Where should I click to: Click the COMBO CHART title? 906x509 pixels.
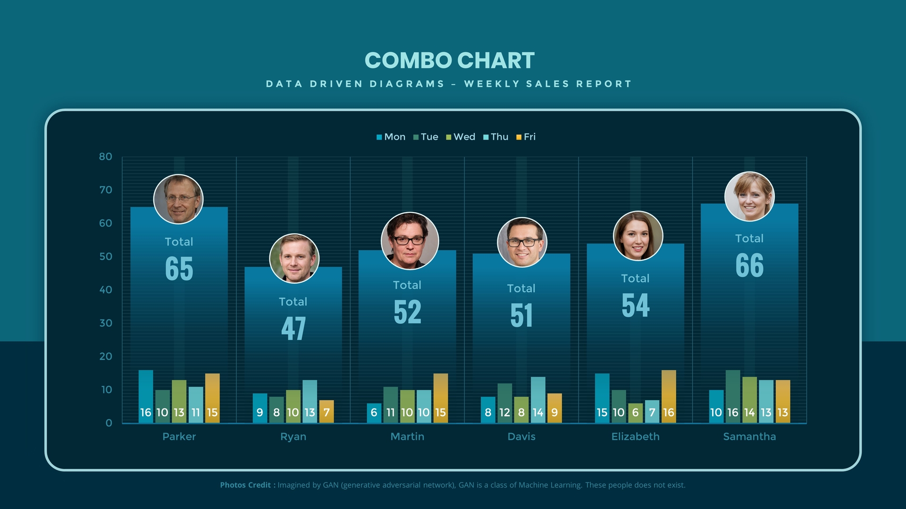[449, 61]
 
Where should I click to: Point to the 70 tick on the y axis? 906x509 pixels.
[106, 190]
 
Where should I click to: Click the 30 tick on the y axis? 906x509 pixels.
[106, 323]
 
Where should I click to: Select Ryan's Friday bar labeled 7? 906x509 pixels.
[327, 411]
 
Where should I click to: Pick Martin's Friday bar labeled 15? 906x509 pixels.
[440, 398]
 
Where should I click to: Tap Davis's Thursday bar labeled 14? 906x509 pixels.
[538, 400]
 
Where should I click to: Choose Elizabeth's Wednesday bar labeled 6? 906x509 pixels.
[635, 413]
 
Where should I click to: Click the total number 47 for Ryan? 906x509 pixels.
[294, 328]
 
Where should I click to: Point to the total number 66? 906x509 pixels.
[749, 265]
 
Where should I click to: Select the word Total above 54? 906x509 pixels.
[635, 279]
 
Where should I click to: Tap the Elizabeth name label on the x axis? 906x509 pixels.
[635, 437]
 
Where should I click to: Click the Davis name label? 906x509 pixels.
[521, 437]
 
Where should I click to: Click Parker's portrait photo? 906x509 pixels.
[178, 199]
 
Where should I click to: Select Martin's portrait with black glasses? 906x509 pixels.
[410, 241]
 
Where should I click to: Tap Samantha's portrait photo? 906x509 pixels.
[749, 197]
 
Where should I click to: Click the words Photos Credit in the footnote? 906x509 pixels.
[245, 485]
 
